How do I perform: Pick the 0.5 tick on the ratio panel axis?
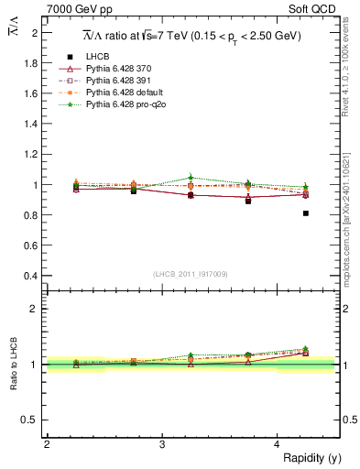[31, 420]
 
